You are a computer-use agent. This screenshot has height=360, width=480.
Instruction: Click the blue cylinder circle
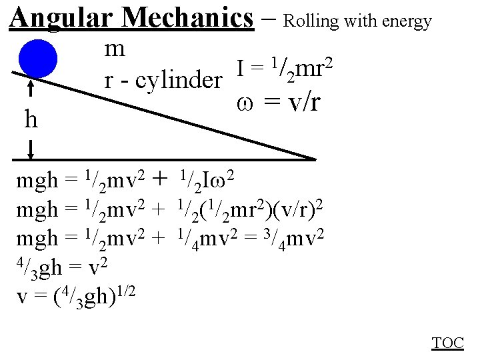[x=37, y=59]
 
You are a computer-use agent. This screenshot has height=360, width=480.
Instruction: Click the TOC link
[x=447, y=343]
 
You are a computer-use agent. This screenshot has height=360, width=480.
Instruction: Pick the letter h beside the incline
[x=31, y=121]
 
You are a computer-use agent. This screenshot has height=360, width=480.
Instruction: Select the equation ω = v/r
[x=278, y=104]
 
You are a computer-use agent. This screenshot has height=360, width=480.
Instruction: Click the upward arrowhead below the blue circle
[x=31, y=85]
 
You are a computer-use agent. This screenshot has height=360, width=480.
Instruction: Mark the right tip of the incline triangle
[x=313, y=159]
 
